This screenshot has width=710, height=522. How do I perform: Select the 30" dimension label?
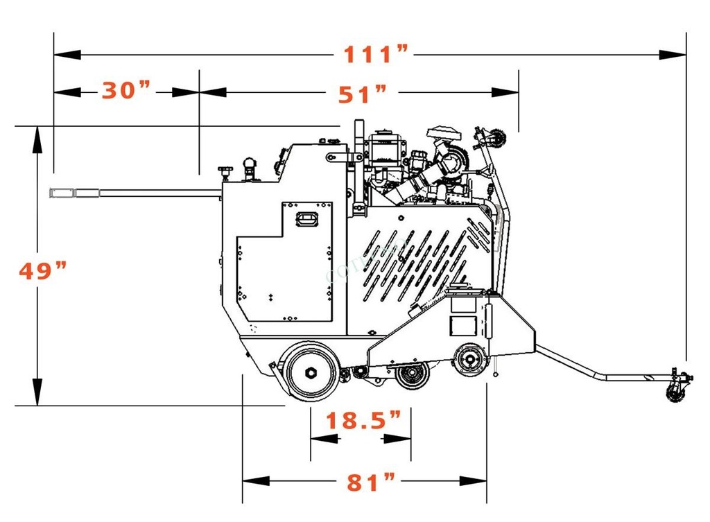tap(125, 91)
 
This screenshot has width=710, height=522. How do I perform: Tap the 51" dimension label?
tap(362, 94)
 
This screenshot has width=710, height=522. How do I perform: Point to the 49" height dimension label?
tap(42, 271)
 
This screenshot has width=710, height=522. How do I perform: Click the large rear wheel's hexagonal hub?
tap(311, 373)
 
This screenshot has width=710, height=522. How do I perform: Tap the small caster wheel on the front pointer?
tap(674, 393)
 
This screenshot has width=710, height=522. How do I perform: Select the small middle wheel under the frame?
tap(413, 375)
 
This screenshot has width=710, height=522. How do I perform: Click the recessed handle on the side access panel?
tap(306, 219)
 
